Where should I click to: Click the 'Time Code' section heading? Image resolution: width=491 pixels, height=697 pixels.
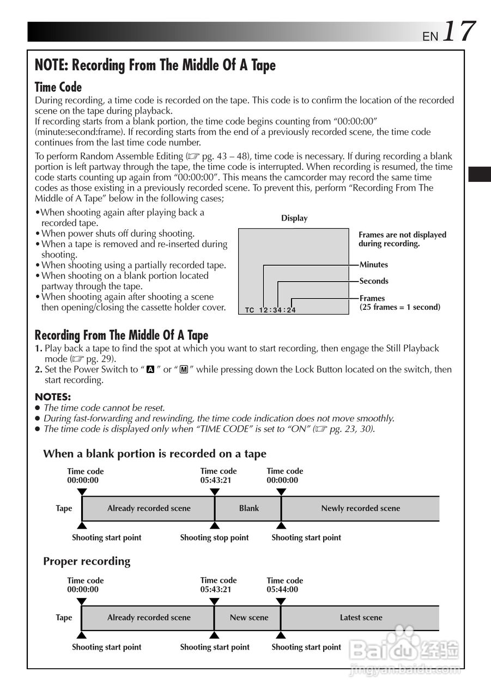click(x=58, y=87)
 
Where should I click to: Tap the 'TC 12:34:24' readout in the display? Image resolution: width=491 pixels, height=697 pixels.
click(x=270, y=310)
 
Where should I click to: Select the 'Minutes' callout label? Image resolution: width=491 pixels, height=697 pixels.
click(x=374, y=265)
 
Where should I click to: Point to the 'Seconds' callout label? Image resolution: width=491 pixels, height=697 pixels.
click(x=374, y=281)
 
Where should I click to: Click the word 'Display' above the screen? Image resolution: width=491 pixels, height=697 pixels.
click(x=294, y=218)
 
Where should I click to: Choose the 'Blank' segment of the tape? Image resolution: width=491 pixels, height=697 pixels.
click(x=248, y=509)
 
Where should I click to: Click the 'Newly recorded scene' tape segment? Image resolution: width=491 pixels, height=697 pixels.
click(x=360, y=509)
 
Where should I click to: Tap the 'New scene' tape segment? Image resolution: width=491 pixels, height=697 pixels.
click(x=248, y=618)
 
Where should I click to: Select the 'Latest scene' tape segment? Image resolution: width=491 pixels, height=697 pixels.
click(x=361, y=618)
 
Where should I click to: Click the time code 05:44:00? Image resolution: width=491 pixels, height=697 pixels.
click(x=282, y=590)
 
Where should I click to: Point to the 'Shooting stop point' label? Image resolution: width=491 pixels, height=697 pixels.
click(x=214, y=538)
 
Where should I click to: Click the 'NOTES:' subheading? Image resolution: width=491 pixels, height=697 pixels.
click(x=53, y=397)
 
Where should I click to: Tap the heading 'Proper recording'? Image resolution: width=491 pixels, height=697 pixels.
click(x=87, y=561)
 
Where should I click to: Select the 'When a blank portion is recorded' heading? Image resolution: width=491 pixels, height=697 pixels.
click(x=155, y=454)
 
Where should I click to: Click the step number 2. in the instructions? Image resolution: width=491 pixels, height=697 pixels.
click(x=39, y=370)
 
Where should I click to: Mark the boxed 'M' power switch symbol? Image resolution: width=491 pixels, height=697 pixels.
click(x=184, y=370)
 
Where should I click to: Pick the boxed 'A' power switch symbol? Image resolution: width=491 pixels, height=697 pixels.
click(x=150, y=370)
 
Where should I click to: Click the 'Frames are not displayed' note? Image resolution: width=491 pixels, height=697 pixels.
click(x=402, y=239)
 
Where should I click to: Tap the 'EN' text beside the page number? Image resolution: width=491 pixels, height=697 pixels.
click(x=431, y=36)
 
